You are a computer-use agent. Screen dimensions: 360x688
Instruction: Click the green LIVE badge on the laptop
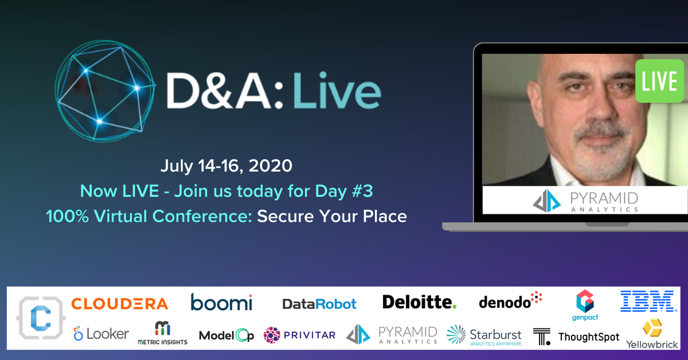click(659, 81)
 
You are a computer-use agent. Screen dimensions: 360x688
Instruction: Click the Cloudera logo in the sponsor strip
click(119, 303)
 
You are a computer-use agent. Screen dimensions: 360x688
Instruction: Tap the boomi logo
click(221, 302)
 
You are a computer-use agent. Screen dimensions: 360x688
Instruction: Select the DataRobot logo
click(319, 304)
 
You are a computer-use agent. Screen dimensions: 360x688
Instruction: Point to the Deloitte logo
click(419, 302)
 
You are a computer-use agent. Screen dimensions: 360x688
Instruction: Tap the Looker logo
click(101, 334)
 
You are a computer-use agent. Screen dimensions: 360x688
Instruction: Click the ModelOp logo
click(226, 335)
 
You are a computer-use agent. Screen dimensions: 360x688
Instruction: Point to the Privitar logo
click(299, 335)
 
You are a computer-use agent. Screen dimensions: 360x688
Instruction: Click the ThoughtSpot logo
click(576, 336)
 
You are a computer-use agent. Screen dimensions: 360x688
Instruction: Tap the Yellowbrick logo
click(652, 335)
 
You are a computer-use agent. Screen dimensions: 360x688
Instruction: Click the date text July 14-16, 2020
click(226, 166)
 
